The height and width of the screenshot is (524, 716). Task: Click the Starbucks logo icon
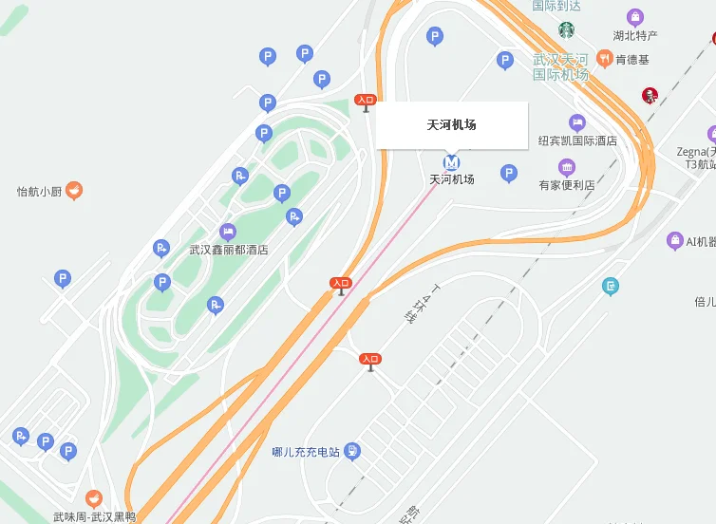pyautogui.click(x=567, y=29)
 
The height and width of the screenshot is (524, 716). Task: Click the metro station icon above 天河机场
pyautogui.click(x=452, y=161)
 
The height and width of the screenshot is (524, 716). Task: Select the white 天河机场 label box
pyautogui.click(x=451, y=125)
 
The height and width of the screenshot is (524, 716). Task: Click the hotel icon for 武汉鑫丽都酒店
pyautogui.click(x=228, y=232)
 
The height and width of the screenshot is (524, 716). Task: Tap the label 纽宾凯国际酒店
pyautogui.click(x=577, y=140)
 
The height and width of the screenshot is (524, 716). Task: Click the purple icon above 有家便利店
pyautogui.click(x=567, y=168)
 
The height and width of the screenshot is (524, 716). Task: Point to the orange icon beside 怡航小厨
pyautogui.click(x=74, y=191)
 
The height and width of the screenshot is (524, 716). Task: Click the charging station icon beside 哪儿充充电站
pyautogui.click(x=352, y=451)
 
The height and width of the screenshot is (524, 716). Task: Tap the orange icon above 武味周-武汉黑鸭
pyautogui.click(x=93, y=497)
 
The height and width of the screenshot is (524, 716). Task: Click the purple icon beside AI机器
pyautogui.click(x=675, y=241)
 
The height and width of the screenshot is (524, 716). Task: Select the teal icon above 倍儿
pyautogui.click(x=611, y=285)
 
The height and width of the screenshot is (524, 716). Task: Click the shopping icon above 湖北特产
pyautogui.click(x=635, y=17)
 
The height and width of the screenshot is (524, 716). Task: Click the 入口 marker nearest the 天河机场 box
pyautogui.click(x=366, y=101)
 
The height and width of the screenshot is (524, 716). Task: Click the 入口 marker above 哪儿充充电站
pyautogui.click(x=370, y=360)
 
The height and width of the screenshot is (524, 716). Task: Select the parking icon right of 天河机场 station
pyautogui.click(x=509, y=174)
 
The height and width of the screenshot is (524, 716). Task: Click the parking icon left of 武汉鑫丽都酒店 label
pyautogui.click(x=161, y=249)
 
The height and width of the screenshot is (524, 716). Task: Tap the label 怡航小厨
pyautogui.click(x=39, y=192)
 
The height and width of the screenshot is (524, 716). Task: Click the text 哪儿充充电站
pyautogui.click(x=305, y=452)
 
